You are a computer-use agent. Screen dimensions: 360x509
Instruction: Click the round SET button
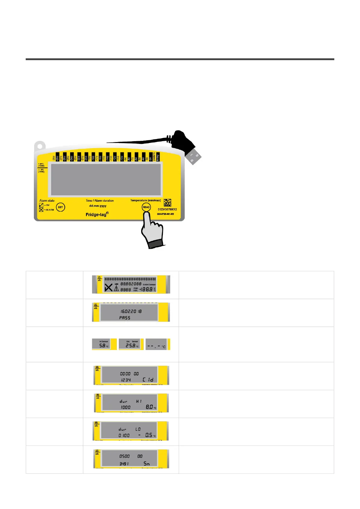[60, 207]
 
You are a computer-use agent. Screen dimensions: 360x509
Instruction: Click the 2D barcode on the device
[167, 203]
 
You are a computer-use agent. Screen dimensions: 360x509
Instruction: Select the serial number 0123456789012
[167, 209]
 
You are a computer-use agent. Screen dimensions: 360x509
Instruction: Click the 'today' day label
[157, 157]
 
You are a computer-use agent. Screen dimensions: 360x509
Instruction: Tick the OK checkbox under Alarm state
[41, 205]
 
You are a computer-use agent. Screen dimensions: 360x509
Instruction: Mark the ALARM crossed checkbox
[41, 209]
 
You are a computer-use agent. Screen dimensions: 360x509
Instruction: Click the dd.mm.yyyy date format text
[98, 206]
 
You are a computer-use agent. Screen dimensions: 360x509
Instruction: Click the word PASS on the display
[125, 318]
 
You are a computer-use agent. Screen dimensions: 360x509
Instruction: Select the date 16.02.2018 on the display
[131, 311]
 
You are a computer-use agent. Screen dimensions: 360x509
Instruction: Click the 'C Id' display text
[148, 380]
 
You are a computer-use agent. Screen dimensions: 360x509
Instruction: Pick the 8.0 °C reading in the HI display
[150, 407]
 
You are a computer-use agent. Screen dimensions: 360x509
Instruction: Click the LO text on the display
[138, 429]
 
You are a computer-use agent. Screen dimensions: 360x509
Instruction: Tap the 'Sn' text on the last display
[147, 463]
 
